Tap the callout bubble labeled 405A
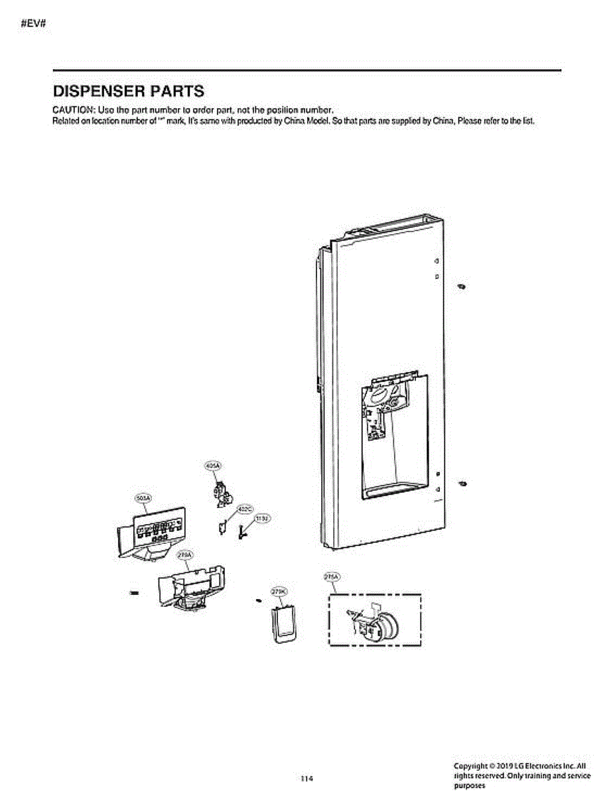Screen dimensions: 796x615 [213, 466]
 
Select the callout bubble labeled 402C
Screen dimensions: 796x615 [244, 509]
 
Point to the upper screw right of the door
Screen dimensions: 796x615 [462, 286]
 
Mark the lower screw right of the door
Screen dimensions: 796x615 [462, 481]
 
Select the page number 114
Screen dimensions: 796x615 [307, 778]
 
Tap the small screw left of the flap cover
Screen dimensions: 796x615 [257, 601]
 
